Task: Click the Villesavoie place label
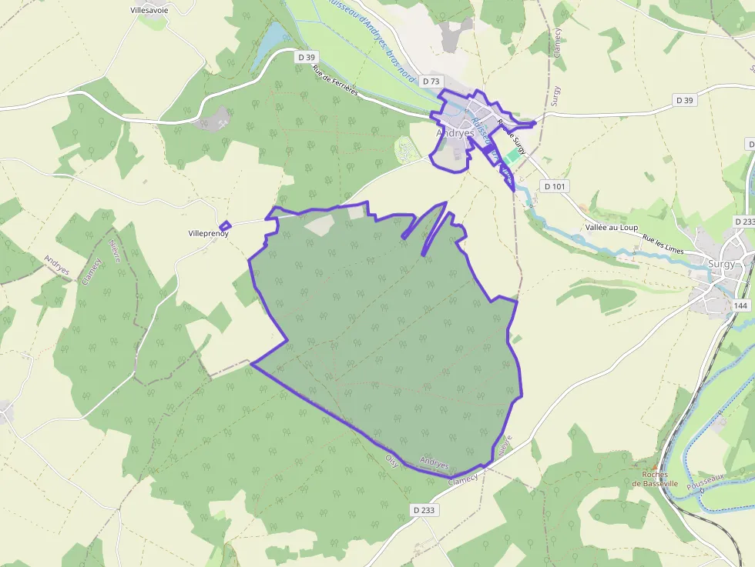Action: pyautogui.click(x=161, y=11)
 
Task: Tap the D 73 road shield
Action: pyautogui.click(x=431, y=81)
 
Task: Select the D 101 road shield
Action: pyautogui.click(x=554, y=185)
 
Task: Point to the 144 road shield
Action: pyautogui.click(x=741, y=305)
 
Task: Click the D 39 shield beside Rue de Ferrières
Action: pyautogui.click(x=307, y=57)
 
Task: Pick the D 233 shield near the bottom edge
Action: pyautogui.click(x=424, y=509)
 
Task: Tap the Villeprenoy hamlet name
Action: pyautogui.click(x=209, y=233)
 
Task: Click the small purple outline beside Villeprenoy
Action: pyautogui.click(x=224, y=227)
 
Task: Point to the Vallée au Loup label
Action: pyautogui.click(x=612, y=228)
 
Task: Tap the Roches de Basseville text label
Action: pyautogui.click(x=655, y=479)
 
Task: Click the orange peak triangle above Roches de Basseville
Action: pyautogui.click(x=655, y=466)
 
